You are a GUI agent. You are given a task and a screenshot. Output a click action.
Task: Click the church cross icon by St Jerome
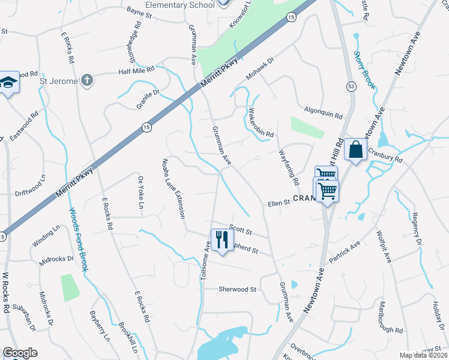[x=87, y=80]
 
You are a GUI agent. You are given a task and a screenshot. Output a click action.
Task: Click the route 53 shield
[x=350, y=87]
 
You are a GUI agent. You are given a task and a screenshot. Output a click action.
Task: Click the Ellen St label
[x=279, y=204]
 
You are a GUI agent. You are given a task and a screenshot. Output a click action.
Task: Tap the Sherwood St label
[x=237, y=289]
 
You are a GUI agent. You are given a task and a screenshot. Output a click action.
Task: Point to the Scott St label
[x=240, y=231]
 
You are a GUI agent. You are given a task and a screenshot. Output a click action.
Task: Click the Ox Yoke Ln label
[x=142, y=192]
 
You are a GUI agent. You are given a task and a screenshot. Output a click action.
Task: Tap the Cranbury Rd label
[x=385, y=155]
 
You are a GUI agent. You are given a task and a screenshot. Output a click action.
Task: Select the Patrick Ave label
[x=344, y=252]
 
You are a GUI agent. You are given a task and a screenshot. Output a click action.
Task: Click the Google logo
[x=20, y=353]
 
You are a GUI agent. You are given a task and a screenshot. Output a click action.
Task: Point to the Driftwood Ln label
[x=30, y=187]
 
